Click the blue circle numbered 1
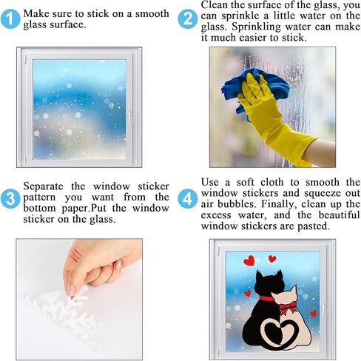[10, 19]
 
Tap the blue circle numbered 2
[187, 19]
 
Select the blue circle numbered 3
[10, 199]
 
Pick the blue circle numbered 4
[187, 199]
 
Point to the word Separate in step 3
[43, 186]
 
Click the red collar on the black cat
[266, 298]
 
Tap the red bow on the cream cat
[286, 308]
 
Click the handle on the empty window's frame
[129, 115]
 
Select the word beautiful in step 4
[339, 215]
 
